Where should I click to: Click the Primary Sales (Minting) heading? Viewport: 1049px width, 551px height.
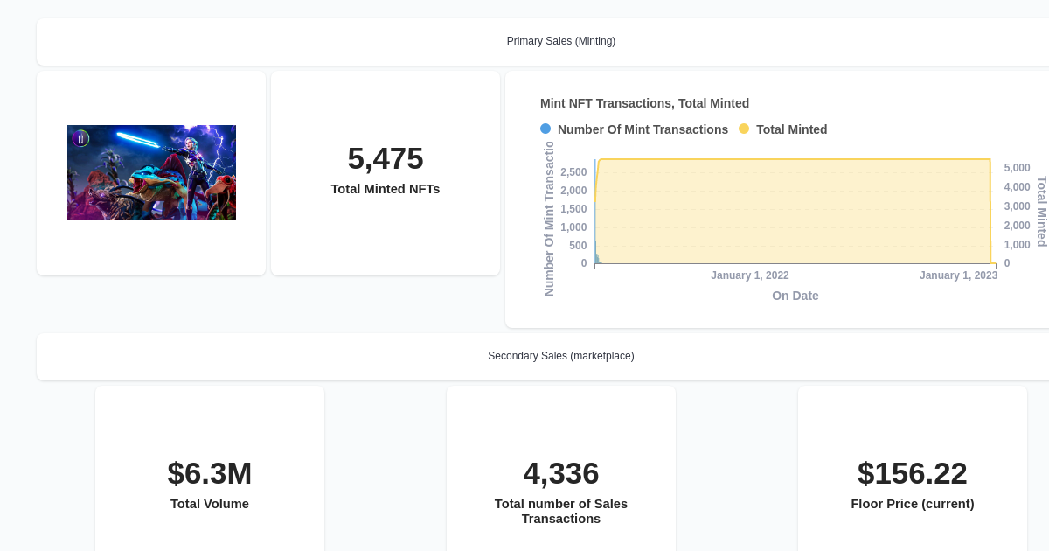[x=560, y=41]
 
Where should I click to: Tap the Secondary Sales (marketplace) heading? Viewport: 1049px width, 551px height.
[x=560, y=356]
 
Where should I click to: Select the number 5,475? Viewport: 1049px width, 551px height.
[x=385, y=158]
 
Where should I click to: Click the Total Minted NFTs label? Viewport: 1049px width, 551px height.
[x=385, y=189]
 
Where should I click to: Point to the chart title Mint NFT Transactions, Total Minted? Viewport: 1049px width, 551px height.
[x=644, y=103]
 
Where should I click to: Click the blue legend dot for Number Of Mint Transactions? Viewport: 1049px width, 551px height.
[x=545, y=129]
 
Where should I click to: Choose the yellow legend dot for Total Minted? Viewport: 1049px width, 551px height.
[x=744, y=129]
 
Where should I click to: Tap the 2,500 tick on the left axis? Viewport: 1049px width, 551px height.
[x=573, y=172]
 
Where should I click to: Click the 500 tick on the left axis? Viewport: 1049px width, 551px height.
[x=578, y=246]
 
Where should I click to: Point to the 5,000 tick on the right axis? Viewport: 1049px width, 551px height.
[x=1017, y=168]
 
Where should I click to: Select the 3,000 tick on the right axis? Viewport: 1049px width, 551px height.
[x=1017, y=206]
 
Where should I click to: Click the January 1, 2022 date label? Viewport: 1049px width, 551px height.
[x=749, y=275]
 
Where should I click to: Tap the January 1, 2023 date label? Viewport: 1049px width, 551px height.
[x=958, y=275]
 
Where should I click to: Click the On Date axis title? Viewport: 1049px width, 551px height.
[x=795, y=296]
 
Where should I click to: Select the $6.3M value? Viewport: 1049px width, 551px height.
[x=210, y=473]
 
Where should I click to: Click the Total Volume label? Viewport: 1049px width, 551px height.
[x=210, y=504]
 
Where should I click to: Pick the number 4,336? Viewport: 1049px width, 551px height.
[x=560, y=473]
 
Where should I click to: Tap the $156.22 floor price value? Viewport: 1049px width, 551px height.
[x=912, y=473]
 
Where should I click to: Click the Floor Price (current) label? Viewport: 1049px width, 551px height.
[x=912, y=504]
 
